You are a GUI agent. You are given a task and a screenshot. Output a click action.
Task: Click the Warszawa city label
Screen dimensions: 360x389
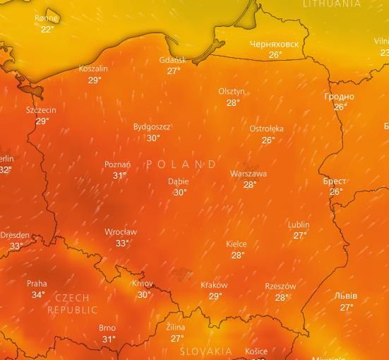[249, 174]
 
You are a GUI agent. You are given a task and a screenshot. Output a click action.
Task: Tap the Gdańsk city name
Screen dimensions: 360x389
[173, 60]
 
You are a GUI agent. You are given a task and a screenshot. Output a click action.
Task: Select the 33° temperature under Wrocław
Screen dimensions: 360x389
[122, 244]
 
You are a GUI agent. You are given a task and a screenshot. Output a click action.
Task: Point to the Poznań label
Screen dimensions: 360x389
[117, 164]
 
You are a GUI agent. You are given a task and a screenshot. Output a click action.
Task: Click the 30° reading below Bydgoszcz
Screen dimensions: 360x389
[153, 138]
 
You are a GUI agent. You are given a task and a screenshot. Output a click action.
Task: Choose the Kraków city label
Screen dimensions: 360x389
[214, 285]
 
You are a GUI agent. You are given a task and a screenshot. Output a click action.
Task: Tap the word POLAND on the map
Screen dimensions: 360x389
[182, 164]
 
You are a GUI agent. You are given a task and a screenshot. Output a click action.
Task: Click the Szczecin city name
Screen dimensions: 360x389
[41, 110]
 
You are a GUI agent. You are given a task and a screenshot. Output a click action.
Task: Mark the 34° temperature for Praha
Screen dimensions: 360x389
[38, 295]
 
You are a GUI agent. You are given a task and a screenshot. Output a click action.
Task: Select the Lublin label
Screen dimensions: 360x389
[299, 224]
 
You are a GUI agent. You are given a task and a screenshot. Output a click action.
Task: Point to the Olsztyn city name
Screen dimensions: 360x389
[232, 92]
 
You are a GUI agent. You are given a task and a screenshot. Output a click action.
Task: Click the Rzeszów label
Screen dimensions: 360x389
[280, 286]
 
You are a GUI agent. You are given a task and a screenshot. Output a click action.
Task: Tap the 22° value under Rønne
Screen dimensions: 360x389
[47, 30]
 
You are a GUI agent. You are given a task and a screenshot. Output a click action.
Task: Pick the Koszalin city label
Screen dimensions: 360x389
[93, 69]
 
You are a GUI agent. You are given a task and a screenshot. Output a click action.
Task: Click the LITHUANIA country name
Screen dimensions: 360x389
[331, 4]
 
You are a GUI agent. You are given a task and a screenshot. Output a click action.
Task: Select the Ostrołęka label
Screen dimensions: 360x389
[266, 128]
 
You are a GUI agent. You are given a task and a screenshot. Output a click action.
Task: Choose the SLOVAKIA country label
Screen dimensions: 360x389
[206, 351]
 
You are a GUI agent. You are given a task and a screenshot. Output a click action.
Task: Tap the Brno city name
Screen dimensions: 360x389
[107, 328]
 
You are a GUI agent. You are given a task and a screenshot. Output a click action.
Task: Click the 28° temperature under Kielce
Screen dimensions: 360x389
[238, 256]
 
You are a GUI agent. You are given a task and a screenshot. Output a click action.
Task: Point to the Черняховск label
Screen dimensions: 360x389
[274, 44]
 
